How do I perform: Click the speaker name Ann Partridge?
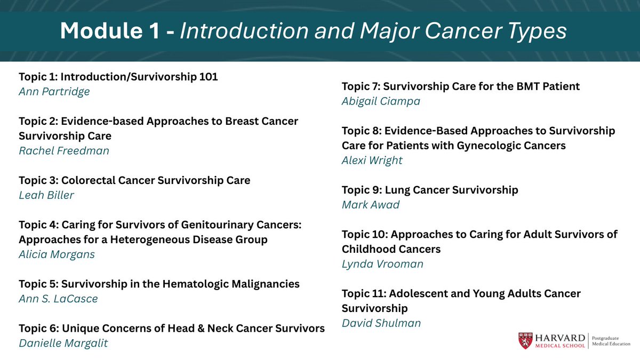[54, 91]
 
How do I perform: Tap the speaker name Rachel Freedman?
[63, 150]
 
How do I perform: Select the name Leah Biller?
[46, 195]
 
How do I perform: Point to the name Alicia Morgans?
[57, 254]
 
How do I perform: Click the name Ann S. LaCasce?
[58, 299]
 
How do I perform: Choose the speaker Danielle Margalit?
[63, 343]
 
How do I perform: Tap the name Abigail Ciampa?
[380, 101]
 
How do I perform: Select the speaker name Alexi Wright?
[372, 160]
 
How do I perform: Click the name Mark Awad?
[370, 204]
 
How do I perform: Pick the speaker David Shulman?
[381, 323]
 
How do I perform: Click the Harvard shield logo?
[525, 341]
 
